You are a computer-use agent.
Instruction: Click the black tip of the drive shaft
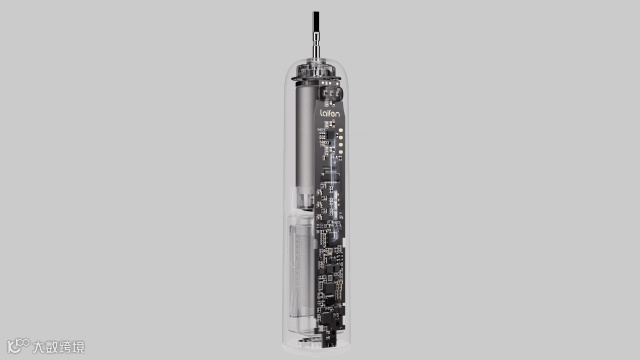click(x=316, y=23)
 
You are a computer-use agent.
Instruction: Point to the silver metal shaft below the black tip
click(x=316, y=47)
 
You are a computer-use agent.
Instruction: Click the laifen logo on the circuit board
click(x=329, y=113)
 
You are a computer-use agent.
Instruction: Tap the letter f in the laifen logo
click(x=329, y=113)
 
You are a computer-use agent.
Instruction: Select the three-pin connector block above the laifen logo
click(x=332, y=93)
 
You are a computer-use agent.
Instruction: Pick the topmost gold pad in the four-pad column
click(x=340, y=131)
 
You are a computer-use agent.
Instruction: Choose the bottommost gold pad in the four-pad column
click(x=340, y=153)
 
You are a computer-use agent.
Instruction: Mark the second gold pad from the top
click(x=340, y=138)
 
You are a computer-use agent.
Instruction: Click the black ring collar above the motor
click(x=315, y=78)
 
